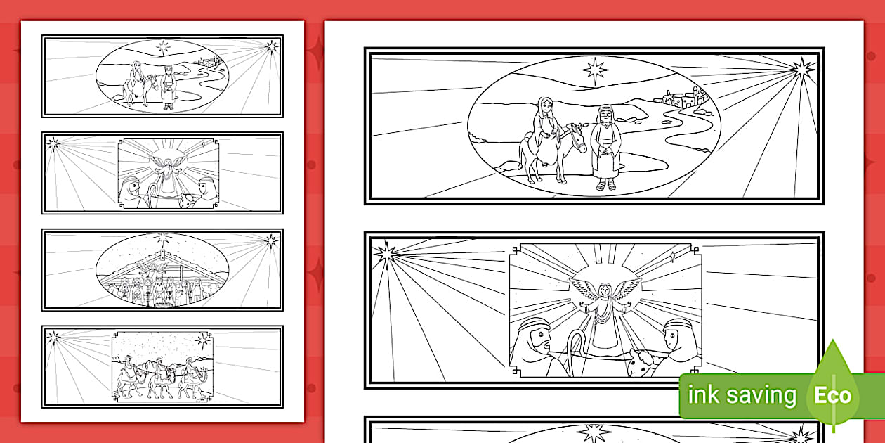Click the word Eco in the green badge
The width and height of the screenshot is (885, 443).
pos(832,395)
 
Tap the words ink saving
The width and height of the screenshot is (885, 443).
pos(742,395)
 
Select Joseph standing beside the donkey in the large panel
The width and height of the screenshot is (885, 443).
pos(605,147)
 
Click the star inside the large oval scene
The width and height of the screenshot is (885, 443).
pos(595,70)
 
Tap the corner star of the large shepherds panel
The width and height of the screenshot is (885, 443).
pos(385,253)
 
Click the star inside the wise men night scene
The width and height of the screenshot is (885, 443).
pos(202,340)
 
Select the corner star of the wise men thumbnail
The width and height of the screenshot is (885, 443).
pos(53,338)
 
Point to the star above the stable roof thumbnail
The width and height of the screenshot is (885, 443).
pos(162,238)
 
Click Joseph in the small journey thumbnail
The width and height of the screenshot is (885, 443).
pos(169,88)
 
